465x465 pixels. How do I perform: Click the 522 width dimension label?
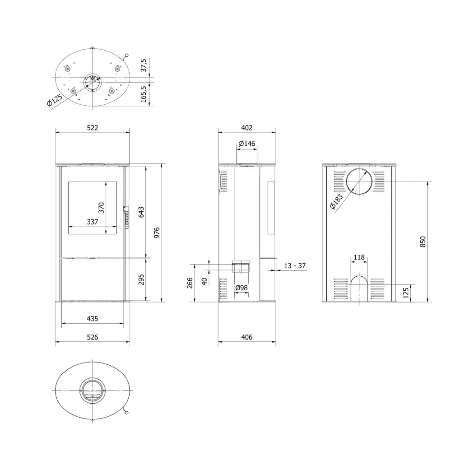(x=92, y=128)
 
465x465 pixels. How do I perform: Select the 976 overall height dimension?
(x=157, y=232)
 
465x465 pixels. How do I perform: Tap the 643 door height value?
(x=141, y=212)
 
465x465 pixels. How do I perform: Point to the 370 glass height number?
(x=101, y=207)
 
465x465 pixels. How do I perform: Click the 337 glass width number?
(x=92, y=222)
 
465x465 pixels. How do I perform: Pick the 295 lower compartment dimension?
(x=141, y=279)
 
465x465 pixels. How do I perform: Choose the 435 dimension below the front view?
(x=92, y=319)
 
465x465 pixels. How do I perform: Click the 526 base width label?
(x=92, y=337)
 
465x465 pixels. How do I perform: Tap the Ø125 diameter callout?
(x=54, y=102)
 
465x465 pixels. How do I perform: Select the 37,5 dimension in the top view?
(x=144, y=66)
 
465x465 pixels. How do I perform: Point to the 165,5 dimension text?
(x=144, y=94)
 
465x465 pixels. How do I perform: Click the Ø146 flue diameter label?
(x=246, y=144)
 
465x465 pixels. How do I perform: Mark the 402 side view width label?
(x=246, y=128)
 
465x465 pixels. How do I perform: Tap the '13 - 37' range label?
(x=295, y=266)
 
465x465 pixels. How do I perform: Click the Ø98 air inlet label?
(x=242, y=288)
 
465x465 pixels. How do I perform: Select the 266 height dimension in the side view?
(x=190, y=283)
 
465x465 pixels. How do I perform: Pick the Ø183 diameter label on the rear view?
(x=337, y=202)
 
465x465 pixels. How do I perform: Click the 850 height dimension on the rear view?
(x=423, y=242)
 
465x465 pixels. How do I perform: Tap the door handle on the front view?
(x=127, y=217)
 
